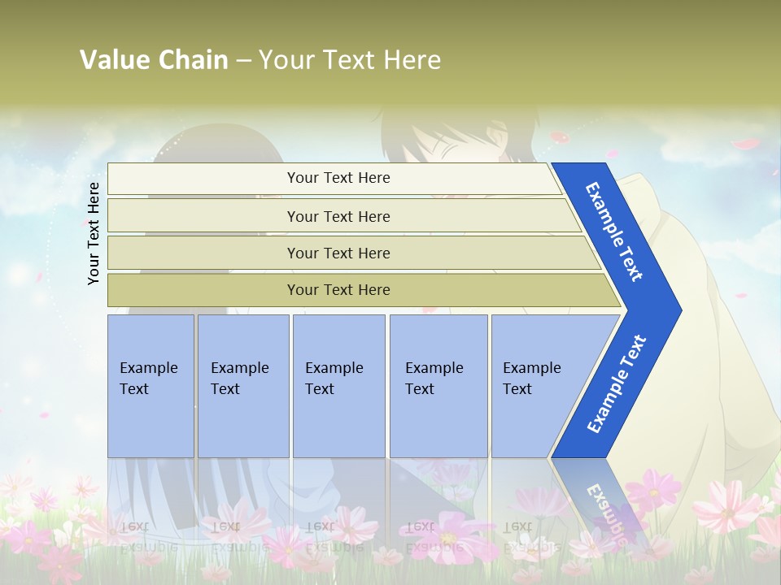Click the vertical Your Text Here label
[94, 233]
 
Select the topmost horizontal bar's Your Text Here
[338, 178]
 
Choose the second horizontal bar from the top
[338, 216]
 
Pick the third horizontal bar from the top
[338, 253]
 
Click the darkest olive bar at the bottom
[338, 290]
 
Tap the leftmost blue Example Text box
[151, 386]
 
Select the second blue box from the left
[242, 386]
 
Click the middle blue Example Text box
[338, 386]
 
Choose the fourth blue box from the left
[438, 386]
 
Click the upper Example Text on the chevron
[614, 232]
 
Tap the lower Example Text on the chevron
[616, 384]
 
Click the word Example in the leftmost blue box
[148, 368]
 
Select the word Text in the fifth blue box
[517, 389]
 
